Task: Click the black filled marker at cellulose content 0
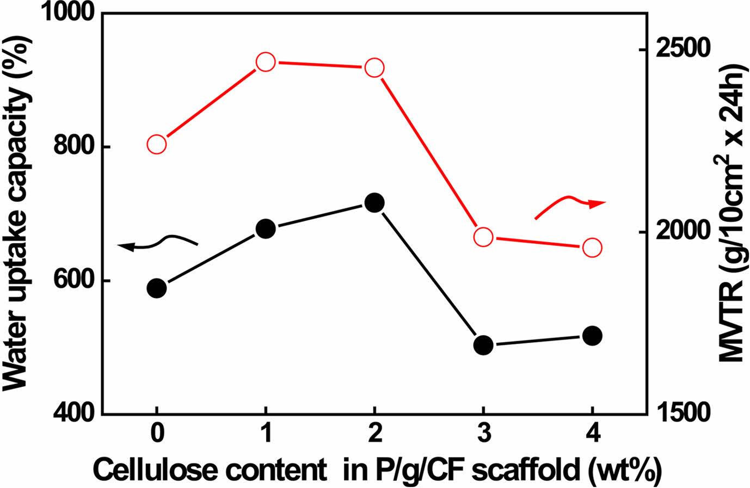(157, 288)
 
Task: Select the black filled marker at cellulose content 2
(374, 202)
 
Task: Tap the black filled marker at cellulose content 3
(483, 345)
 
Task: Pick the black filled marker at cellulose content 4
(592, 336)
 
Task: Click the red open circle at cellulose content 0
(157, 144)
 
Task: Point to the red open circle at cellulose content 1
(266, 62)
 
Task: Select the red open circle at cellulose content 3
(483, 237)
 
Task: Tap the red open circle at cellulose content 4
(592, 248)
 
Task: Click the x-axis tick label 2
(374, 435)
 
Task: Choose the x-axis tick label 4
(592, 435)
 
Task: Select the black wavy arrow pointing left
(158, 243)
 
